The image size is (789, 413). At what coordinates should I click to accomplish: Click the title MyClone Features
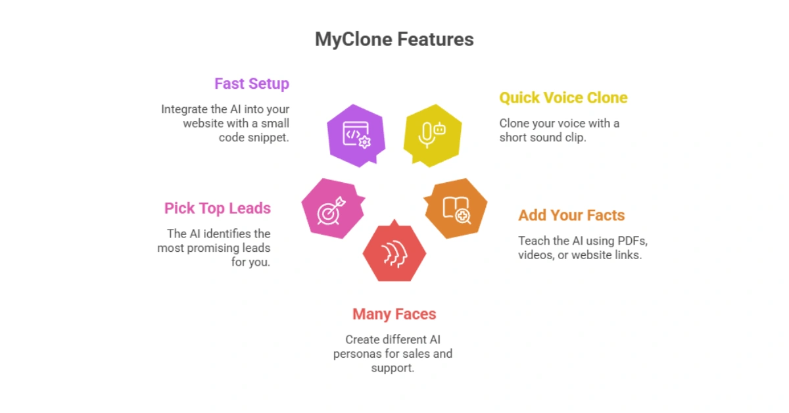pyautogui.click(x=394, y=39)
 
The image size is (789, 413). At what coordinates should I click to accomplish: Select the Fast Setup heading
pyautogui.click(x=251, y=84)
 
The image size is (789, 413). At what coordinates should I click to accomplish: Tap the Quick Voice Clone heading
pyautogui.click(x=563, y=98)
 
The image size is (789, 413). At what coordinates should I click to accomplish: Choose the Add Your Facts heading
pyautogui.click(x=571, y=215)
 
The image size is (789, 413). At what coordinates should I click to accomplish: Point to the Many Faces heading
pyautogui.click(x=394, y=314)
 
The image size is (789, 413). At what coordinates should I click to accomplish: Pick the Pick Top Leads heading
pyautogui.click(x=217, y=208)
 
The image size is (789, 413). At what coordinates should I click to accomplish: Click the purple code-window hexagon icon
pyautogui.click(x=356, y=134)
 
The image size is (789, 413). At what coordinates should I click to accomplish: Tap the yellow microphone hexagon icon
pyautogui.click(x=432, y=134)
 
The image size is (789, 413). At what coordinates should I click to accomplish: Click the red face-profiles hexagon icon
pyautogui.click(x=394, y=253)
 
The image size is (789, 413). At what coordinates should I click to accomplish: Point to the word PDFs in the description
pyautogui.click(x=634, y=241)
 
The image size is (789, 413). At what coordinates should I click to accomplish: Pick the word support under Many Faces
pyautogui.click(x=392, y=368)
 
